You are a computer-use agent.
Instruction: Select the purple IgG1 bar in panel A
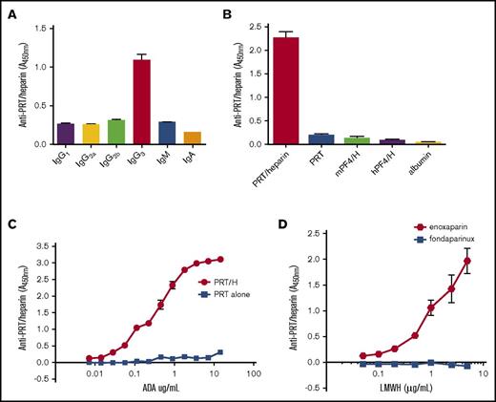(x=66, y=134)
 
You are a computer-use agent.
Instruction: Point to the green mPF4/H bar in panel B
(x=382, y=140)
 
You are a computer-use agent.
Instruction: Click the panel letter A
(x=12, y=11)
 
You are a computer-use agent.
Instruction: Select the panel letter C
(x=12, y=224)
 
